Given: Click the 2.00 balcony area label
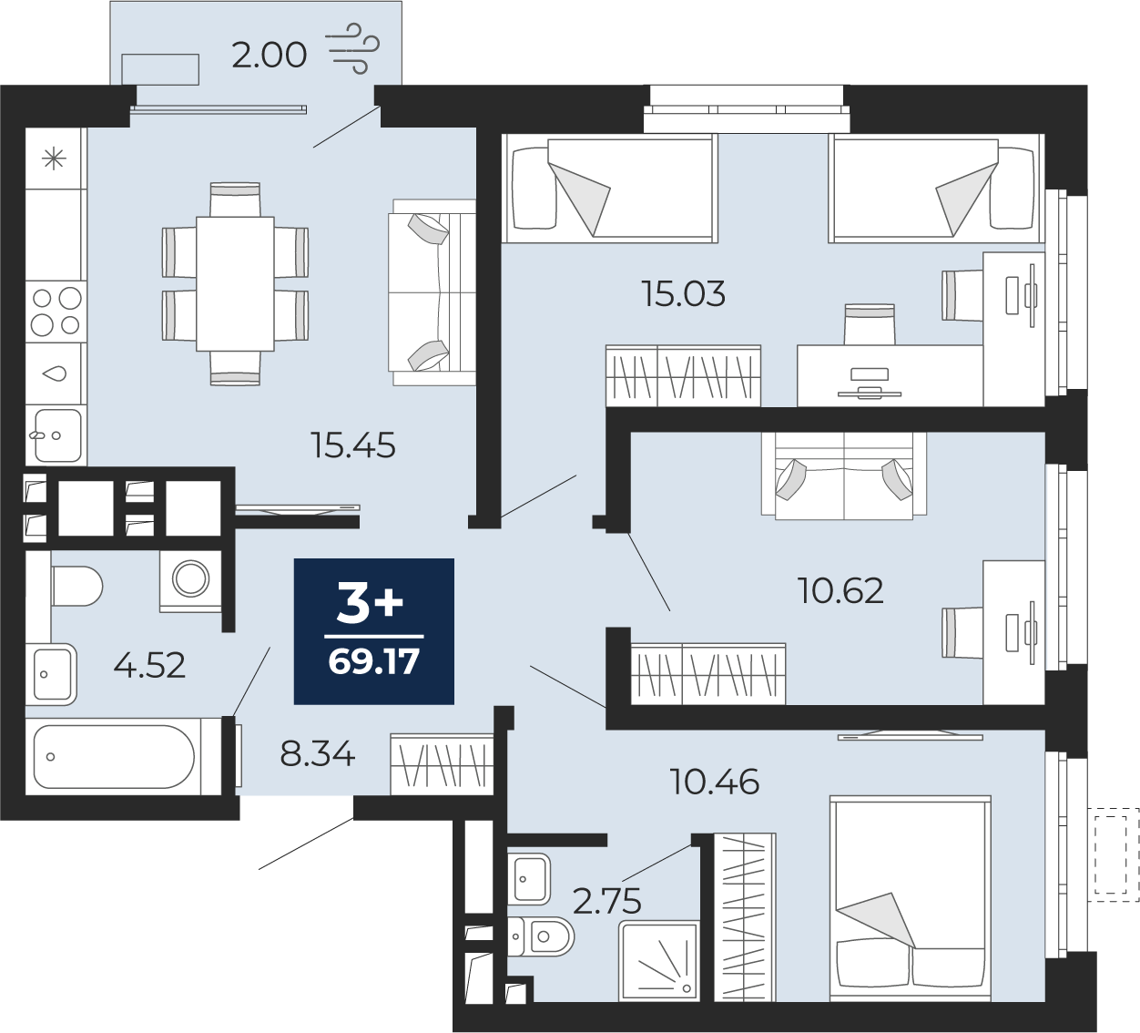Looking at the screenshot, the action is coord(269,56).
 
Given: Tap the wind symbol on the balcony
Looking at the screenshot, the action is coord(352,48).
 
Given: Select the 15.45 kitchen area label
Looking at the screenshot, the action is coord(353,445).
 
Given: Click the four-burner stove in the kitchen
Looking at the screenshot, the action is coord(56,312).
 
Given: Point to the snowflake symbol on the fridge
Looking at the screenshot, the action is coord(55,159).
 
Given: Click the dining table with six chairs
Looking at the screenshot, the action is coord(235,283).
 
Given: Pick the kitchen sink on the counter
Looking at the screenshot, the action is coord(57,435).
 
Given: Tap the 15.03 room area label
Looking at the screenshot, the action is coord(684,294).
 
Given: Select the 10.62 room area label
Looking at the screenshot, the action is coord(840,590).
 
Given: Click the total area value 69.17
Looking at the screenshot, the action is coord(374,661).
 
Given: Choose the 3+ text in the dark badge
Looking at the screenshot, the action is coord(370,603).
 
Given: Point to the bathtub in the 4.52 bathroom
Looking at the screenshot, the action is coord(115,756).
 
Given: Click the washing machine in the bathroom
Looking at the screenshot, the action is coord(190,580).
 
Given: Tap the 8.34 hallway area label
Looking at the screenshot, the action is coord(318,754).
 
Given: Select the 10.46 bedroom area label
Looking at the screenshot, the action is coord(715,782).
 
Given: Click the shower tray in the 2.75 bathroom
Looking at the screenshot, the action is coord(658,960).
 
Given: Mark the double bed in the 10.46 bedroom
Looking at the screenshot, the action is coord(911,899).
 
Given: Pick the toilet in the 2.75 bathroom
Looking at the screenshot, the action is coord(541,936).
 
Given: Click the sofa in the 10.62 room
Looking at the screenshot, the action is coord(844,476).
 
